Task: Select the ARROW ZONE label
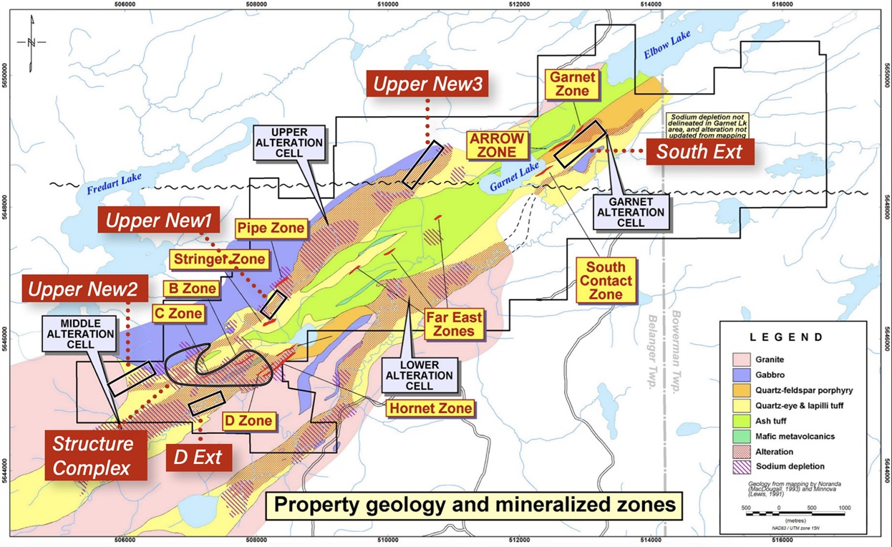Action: coord(497,145)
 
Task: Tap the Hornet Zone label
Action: coord(430,408)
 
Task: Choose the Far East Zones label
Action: coord(454,324)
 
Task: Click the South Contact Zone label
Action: coord(606,279)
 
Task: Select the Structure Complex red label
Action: coord(93,455)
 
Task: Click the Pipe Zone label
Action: coord(271,229)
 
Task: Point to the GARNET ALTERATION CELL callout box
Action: coord(631,212)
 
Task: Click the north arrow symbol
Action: coord(31,43)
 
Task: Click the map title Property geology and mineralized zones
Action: coord(475,505)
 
